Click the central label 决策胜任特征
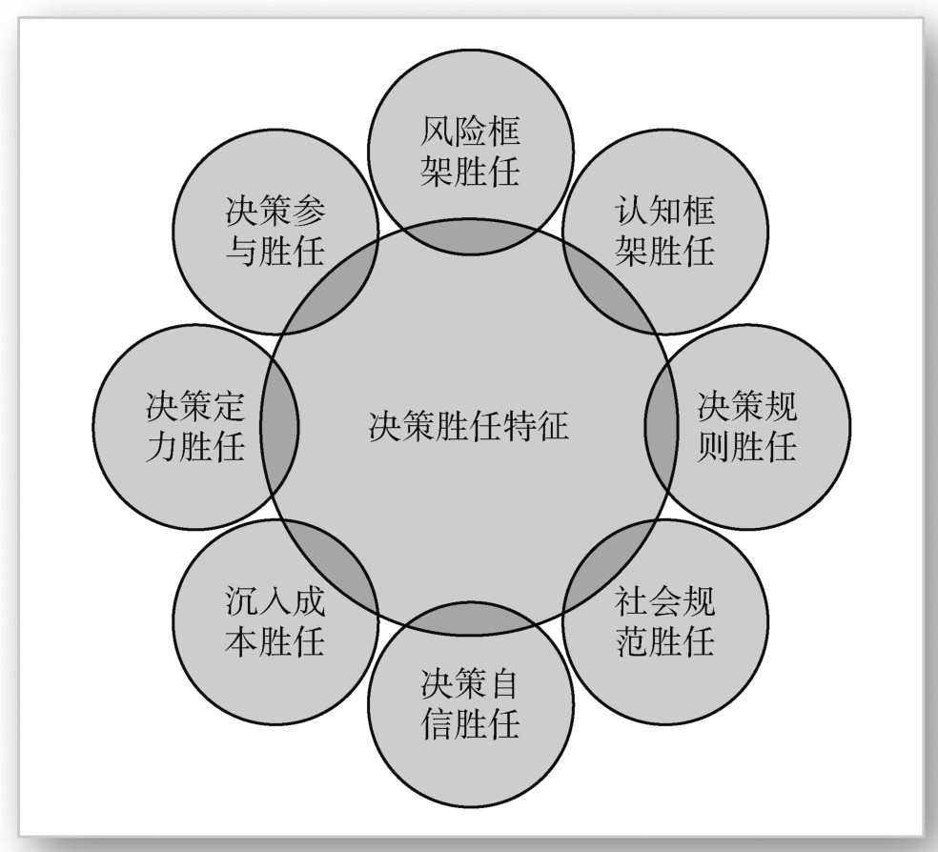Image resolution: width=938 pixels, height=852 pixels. [x=468, y=426]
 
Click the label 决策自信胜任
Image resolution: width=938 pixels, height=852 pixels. [x=471, y=704]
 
